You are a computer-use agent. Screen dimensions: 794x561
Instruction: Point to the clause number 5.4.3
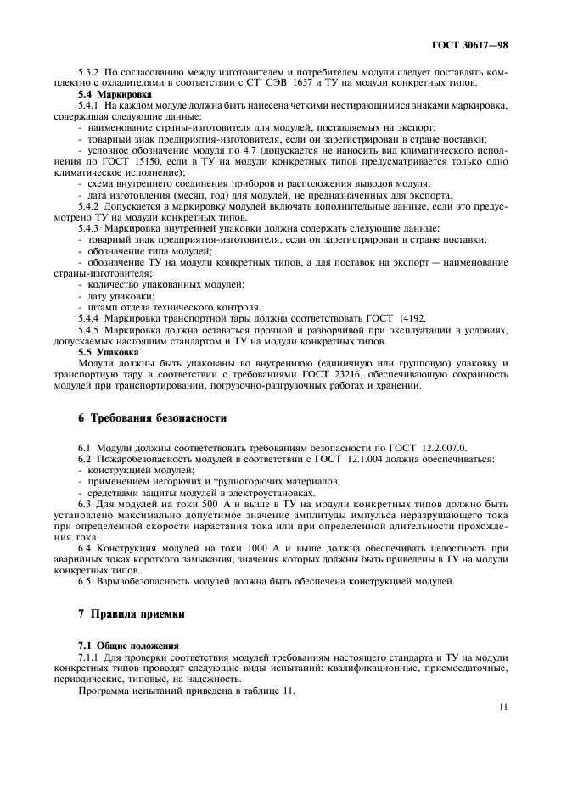[91, 229]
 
